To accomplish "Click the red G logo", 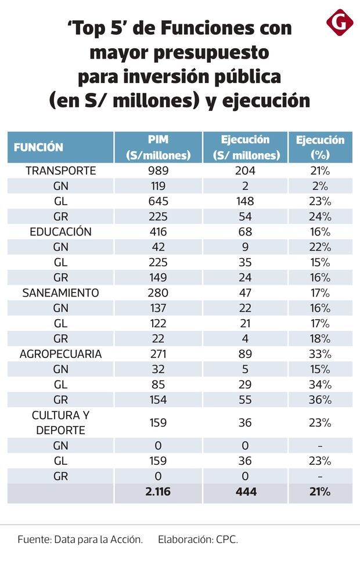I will (x=340, y=23).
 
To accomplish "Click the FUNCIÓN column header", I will (x=39, y=147).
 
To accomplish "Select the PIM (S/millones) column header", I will (x=158, y=147).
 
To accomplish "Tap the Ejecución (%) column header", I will (x=319, y=147).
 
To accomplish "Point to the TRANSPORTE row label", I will (x=60, y=171).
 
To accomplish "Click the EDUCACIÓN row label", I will (x=60, y=232).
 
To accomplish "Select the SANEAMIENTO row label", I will (x=60, y=292).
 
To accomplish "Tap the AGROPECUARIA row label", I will (x=60, y=354).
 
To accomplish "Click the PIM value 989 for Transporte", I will (x=158, y=171).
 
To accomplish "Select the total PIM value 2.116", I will (x=158, y=492).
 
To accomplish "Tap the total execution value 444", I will (x=245, y=492).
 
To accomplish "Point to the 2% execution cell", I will (x=319, y=186).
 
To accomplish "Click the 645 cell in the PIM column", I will (x=158, y=201).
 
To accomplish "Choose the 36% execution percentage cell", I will (x=319, y=400).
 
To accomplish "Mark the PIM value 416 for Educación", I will (x=158, y=232).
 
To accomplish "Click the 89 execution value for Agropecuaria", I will (x=245, y=354).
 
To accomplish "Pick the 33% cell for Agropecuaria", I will (x=319, y=354).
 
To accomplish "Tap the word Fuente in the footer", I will (x=33, y=539).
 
